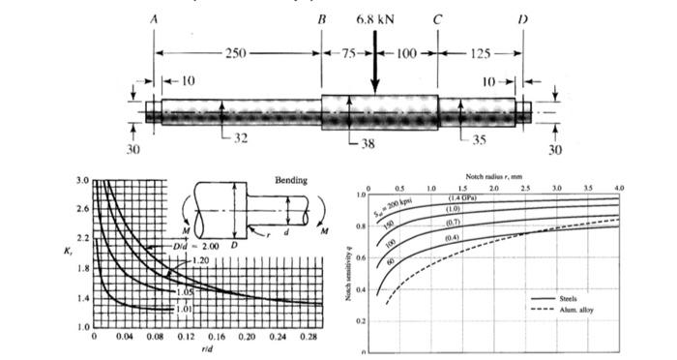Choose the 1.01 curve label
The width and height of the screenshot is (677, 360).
(168, 309)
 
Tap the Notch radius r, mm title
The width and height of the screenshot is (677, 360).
(493, 176)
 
